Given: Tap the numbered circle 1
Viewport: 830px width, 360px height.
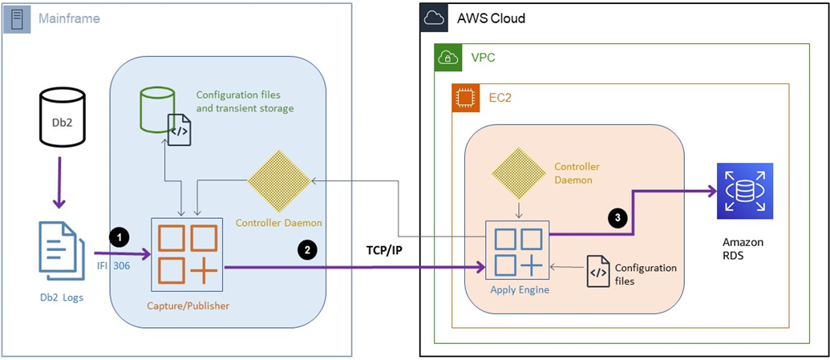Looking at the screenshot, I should [x=119, y=237].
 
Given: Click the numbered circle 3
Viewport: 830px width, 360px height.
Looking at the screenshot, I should [x=617, y=216].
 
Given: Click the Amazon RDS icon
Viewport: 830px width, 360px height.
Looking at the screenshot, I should [x=745, y=191].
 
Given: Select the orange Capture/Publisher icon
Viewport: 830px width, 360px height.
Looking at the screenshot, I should [x=188, y=255].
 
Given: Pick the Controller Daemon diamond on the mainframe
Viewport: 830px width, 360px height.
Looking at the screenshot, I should [x=279, y=182].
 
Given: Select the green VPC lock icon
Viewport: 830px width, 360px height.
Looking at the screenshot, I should [x=447, y=57].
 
